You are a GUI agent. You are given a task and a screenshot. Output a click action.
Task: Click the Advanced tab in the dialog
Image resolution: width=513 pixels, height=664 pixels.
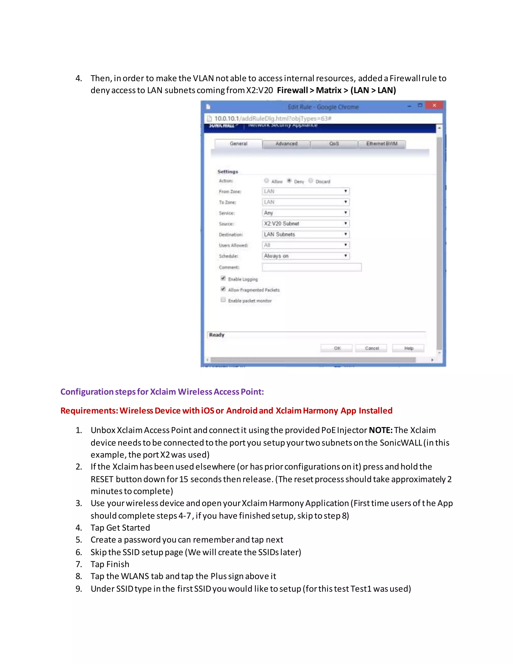coord(286,144)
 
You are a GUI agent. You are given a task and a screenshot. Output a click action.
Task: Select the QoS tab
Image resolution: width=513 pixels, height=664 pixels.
coord(334,144)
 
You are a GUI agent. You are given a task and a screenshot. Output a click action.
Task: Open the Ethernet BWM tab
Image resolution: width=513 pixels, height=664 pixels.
coord(382,144)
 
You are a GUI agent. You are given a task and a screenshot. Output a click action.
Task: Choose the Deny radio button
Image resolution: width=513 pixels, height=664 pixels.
coord(289,181)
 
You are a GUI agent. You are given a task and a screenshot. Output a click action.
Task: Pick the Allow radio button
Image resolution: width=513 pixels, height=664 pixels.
coord(267,181)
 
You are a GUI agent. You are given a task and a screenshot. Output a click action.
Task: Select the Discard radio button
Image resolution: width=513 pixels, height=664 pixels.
coord(311,181)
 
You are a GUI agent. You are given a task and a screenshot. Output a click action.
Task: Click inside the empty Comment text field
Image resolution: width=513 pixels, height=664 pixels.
coord(312,267)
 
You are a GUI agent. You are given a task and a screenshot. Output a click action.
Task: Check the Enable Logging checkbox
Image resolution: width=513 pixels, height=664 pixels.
coord(223,278)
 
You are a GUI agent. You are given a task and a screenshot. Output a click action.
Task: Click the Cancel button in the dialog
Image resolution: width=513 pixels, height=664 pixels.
coord(372,348)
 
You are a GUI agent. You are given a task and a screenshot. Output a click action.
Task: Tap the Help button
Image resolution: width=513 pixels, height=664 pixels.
coord(409,348)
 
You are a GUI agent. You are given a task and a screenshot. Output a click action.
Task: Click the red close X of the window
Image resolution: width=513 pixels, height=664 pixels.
coord(434,105)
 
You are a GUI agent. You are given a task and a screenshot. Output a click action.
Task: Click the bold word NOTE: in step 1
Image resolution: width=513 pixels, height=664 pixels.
coord(380,430)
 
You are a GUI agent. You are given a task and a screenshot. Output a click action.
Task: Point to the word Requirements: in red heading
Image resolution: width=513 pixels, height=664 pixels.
coord(89,411)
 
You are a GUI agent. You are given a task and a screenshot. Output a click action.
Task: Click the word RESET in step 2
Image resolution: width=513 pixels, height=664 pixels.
coord(102,479)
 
